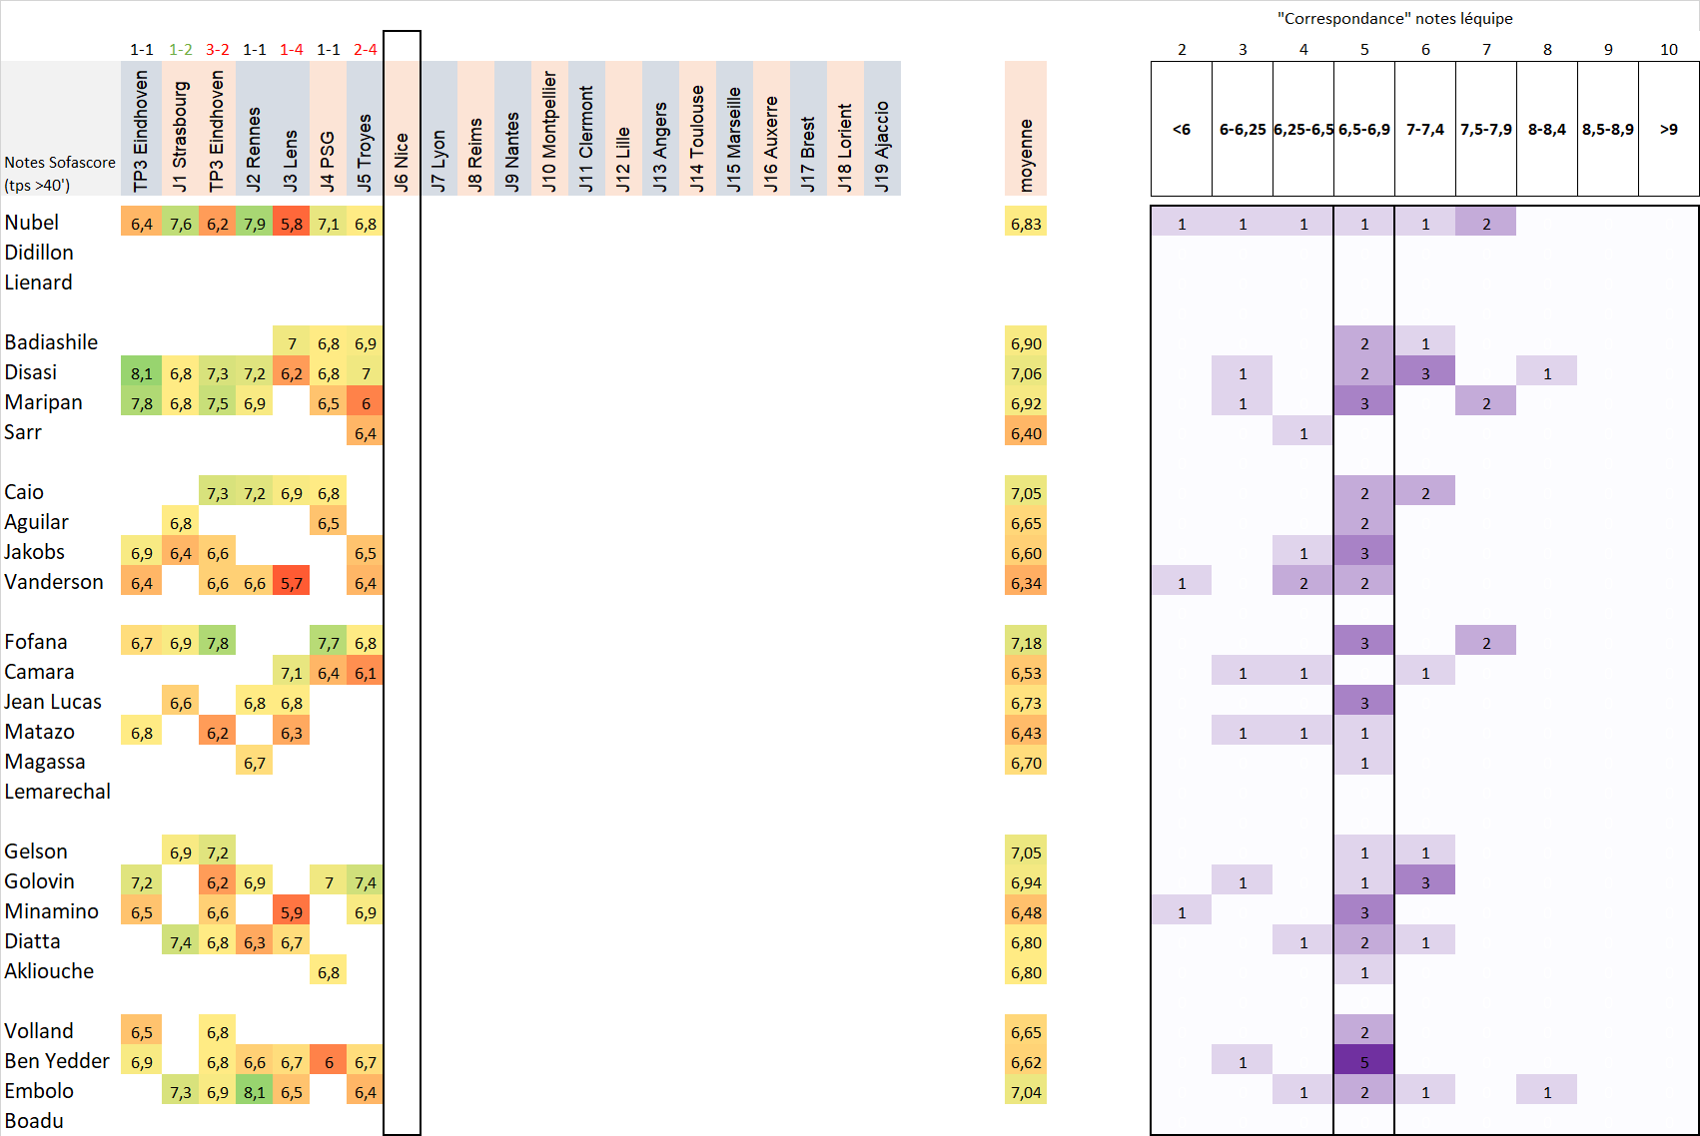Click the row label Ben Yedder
[57, 1061]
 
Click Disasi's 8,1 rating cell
[142, 373]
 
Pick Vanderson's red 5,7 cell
[292, 583]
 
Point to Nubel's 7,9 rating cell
[255, 224]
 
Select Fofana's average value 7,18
[1026, 643]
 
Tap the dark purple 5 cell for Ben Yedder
[1364, 1062]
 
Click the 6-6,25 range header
[1243, 129]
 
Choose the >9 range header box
[1668, 129]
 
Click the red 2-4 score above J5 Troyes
[365, 49]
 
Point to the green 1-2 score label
[181, 49]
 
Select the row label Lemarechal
[58, 792]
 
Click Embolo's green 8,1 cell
[255, 1092]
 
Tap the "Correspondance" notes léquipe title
[1394, 18]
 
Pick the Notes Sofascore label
[60, 162]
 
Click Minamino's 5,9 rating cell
[292, 912]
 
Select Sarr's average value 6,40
[1026, 433]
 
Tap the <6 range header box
[1182, 129]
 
